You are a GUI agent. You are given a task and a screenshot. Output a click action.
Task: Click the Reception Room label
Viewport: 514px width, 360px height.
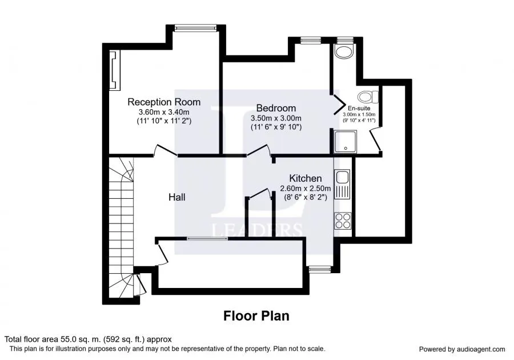[x=164, y=102]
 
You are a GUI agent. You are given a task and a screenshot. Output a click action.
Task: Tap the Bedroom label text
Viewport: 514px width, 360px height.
[x=276, y=108]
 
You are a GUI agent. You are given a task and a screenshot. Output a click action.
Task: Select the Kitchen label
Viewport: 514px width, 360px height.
[x=305, y=178]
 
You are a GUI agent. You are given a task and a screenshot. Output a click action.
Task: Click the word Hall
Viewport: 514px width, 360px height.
[x=176, y=197]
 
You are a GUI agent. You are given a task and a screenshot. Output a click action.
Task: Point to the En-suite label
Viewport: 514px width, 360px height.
[x=359, y=108]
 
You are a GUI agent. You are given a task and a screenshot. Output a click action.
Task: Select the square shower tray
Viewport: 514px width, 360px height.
[x=346, y=141]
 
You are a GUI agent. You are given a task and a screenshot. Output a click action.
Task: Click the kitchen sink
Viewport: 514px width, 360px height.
[x=342, y=184]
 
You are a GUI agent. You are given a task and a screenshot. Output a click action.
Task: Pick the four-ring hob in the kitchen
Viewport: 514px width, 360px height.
[x=343, y=221]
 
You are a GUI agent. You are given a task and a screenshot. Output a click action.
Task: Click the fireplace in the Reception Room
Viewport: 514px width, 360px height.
[x=115, y=70]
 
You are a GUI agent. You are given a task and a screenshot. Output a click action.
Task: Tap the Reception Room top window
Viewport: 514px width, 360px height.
[x=196, y=28]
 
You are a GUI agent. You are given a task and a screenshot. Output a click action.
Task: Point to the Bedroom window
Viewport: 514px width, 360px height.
[x=311, y=41]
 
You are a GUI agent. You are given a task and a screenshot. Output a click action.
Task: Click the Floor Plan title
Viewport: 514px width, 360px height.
[x=256, y=316]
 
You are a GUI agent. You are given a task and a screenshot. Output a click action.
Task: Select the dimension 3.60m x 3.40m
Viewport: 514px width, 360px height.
[x=164, y=112]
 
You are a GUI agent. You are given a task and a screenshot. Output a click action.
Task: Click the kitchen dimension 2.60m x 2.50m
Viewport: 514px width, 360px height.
[x=305, y=189]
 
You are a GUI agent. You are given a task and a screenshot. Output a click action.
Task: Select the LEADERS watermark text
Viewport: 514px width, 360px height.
[x=257, y=230]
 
